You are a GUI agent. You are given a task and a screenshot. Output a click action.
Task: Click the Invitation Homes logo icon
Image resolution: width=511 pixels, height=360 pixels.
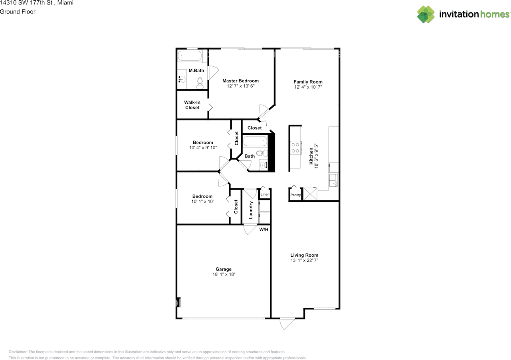tap(426, 14)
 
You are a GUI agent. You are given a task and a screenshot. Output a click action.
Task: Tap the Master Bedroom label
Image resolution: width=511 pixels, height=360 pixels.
tap(240, 81)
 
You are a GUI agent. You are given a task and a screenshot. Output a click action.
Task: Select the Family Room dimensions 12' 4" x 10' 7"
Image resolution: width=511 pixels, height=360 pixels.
tap(308, 87)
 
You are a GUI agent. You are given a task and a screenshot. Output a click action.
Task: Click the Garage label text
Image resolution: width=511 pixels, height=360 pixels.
tap(224, 269)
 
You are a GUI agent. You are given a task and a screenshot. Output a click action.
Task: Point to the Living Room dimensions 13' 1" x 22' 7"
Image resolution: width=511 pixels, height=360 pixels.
tap(304, 260)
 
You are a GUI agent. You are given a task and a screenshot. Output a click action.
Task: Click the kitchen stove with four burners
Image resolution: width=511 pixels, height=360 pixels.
tap(296, 148)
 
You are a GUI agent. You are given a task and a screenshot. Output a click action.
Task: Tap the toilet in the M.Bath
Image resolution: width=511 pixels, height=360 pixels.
tap(200, 83)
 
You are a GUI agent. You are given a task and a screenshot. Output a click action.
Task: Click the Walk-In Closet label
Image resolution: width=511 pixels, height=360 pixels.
tap(192, 105)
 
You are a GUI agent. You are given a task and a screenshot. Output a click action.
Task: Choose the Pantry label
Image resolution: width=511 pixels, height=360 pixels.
tap(295, 195)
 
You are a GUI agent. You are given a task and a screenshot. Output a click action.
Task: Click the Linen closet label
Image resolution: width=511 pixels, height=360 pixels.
tap(265, 195)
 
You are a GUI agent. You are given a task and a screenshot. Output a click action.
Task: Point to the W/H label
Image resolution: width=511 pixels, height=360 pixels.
tap(263, 230)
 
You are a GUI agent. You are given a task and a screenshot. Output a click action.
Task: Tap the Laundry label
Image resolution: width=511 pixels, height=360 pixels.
tap(251, 210)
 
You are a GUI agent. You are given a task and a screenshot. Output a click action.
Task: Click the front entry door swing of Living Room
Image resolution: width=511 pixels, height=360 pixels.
tap(287, 323)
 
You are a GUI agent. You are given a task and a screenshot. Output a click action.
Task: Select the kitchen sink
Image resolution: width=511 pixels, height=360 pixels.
tap(333, 180)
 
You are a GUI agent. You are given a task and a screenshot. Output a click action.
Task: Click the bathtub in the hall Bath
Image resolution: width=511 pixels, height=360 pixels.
tap(255, 141)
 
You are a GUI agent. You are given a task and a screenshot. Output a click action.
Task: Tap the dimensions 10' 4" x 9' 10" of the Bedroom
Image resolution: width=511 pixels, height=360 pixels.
tap(203, 148)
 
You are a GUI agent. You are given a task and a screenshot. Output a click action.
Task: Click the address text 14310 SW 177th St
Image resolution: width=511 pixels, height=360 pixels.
tap(26, 3)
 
